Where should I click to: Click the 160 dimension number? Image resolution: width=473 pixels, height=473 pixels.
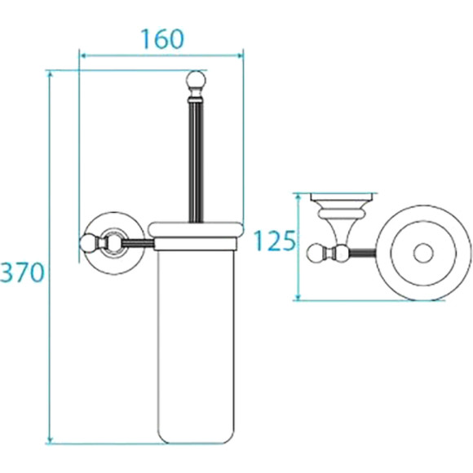click(x=162, y=39)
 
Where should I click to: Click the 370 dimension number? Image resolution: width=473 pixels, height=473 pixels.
click(x=22, y=272)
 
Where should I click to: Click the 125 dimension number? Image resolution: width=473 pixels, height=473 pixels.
click(x=274, y=241)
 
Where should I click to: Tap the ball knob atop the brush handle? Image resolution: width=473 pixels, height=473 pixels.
click(x=196, y=79)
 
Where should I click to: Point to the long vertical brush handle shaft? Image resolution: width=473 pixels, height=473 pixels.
click(x=196, y=161)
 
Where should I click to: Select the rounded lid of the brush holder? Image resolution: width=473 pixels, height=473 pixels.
click(x=196, y=230)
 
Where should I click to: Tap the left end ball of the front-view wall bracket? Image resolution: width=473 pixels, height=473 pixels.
click(x=88, y=242)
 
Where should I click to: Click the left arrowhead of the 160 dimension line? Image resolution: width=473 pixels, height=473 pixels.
click(x=83, y=55)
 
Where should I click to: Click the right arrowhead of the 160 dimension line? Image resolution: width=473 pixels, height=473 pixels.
click(x=241, y=55)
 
